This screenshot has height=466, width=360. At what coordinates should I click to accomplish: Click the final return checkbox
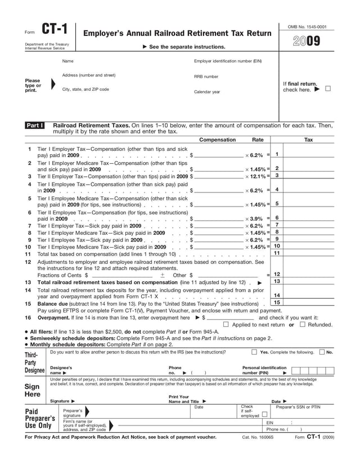(x=328, y=89)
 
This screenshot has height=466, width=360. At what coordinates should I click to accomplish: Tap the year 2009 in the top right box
(x=307, y=41)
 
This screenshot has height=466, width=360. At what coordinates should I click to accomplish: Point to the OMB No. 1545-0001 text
(x=307, y=26)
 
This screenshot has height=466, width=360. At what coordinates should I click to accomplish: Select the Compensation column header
(x=218, y=140)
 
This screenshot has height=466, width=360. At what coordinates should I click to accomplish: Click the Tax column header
(x=308, y=140)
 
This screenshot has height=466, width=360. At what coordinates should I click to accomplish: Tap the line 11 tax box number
(x=277, y=253)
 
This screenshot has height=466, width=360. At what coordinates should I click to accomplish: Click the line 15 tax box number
(x=277, y=302)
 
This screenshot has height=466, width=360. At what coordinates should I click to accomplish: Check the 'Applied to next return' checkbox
(x=226, y=324)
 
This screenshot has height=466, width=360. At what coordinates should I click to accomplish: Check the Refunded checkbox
(x=303, y=324)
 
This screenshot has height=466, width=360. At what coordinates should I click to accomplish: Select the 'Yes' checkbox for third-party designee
(x=254, y=352)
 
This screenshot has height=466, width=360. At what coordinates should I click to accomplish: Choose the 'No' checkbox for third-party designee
(x=321, y=352)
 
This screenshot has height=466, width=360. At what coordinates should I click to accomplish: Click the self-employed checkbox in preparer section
(x=265, y=414)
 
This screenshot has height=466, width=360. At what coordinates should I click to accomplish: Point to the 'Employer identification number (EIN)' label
(x=228, y=61)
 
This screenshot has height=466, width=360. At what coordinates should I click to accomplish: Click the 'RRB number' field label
(x=206, y=77)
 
